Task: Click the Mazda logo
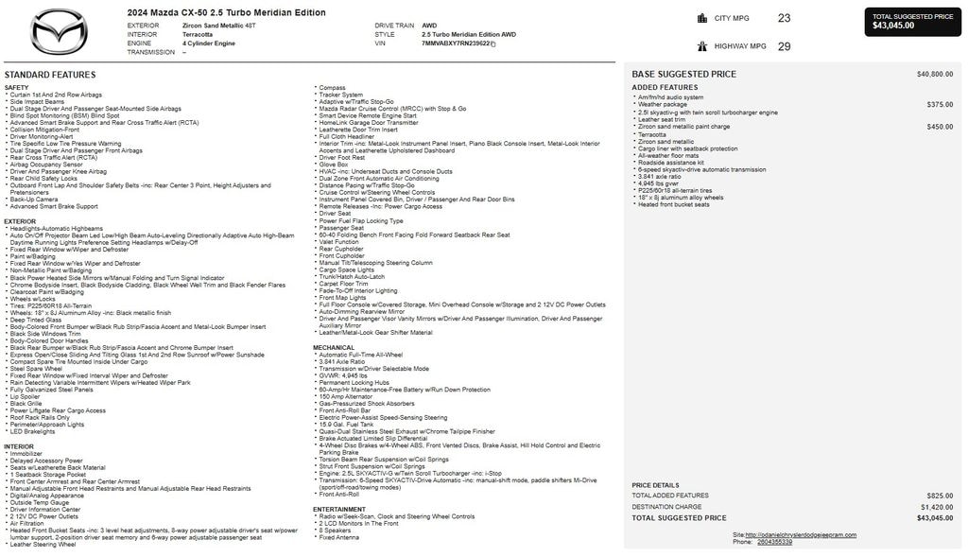click(x=59, y=30)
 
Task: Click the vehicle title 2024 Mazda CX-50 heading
click(x=226, y=13)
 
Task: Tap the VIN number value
click(x=456, y=44)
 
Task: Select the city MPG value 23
click(x=784, y=18)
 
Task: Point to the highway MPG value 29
click(x=784, y=46)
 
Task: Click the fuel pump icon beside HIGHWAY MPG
click(x=702, y=46)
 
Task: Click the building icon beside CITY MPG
click(x=702, y=18)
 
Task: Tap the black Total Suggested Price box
click(x=912, y=21)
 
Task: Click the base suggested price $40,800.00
click(x=935, y=74)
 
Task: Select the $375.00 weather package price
click(x=940, y=104)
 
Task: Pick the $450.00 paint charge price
click(x=940, y=127)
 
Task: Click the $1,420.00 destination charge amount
click(x=936, y=507)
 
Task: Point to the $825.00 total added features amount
click(x=940, y=496)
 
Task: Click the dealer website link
click(x=800, y=534)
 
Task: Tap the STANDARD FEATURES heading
click(x=50, y=75)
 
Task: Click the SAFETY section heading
click(x=16, y=87)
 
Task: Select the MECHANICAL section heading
click(x=334, y=347)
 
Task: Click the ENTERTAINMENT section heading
click(x=339, y=509)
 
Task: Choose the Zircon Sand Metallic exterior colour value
click(x=219, y=26)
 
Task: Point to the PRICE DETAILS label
click(x=655, y=485)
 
